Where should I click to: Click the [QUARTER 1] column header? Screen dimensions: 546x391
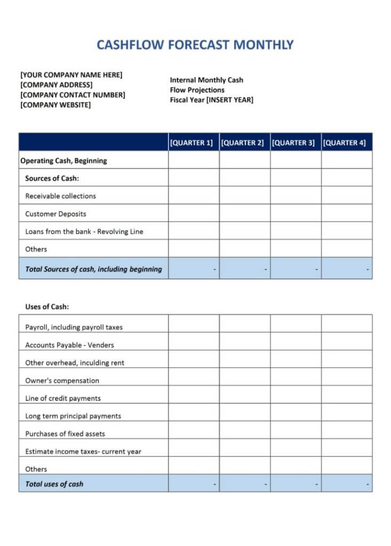pyautogui.click(x=191, y=142)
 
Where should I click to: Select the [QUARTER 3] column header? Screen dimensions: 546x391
pyautogui.click(x=293, y=142)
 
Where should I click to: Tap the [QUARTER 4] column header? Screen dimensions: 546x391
pyautogui.click(x=345, y=142)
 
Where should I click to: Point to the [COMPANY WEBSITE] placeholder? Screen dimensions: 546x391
pyautogui.click(x=55, y=105)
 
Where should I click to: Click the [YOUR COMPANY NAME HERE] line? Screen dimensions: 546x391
pyautogui.click(x=71, y=75)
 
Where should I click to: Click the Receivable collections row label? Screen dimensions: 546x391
pyautogui.click(x=60, y=196)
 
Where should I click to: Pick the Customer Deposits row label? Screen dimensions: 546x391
pyautogui.click(x=55, y=214)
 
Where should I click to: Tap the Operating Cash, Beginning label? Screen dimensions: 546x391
pyautogui.click(x=63, y=160)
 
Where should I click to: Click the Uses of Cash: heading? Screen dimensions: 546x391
pyautogui.click(x=47, y=307)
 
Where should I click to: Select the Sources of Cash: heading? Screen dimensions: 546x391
pyautogui.click(x=52, y=178)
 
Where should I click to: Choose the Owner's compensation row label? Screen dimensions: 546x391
pyautogui.click(x=62, y=381)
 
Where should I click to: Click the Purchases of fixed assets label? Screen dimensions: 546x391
pyautogui.click(x=65, y=433)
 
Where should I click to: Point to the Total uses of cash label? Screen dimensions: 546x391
pyautogui.click(x=54, y=484)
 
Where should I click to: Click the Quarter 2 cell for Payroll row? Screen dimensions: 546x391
pyautogui.click(x=244, y=324)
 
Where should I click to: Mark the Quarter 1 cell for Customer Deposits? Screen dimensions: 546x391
pyautogui.click(x=194, y=213)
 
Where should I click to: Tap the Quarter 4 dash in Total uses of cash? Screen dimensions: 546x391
pyautogui.click(x=368, y=484)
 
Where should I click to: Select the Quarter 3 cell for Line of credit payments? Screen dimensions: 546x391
pyautogui.click(x=296, y=395)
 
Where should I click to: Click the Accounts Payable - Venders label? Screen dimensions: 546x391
pyautogui.click(x=69, y=345)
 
